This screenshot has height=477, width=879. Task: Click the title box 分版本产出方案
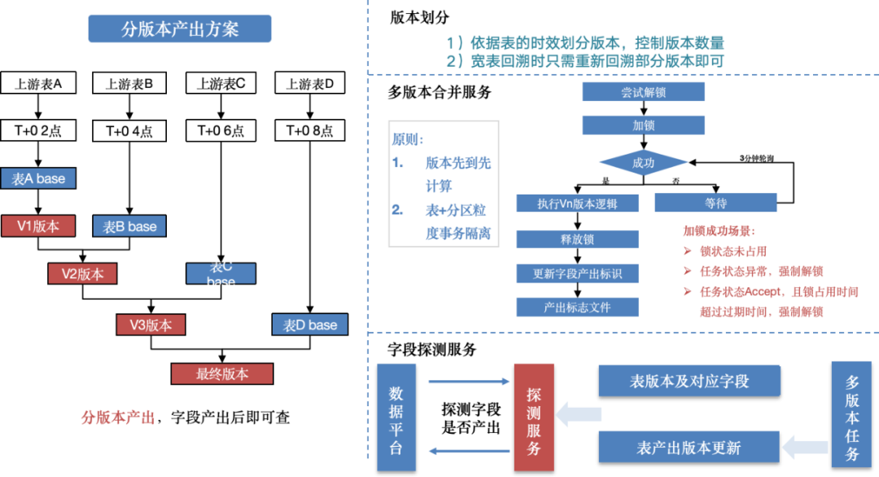tap(180, 29)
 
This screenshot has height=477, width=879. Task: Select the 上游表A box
tap(38, 83)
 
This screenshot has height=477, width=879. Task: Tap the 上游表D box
tap(310, 83)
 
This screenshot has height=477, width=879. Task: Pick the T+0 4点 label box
tap(129, 131)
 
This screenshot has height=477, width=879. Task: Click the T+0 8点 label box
tap(310, 130)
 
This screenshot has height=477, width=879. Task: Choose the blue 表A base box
tap(38, 178)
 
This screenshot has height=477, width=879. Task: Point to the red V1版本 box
tap(38, 225)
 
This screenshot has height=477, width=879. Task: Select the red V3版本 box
tap(151, 325)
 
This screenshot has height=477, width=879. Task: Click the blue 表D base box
tap(310, 325)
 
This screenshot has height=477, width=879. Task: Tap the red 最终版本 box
tap(221, 374)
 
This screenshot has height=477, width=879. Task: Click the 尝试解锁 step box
tap(643, 92)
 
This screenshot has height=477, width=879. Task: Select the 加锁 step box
tap(643, 125)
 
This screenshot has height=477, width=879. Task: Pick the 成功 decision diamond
tap(643, 163)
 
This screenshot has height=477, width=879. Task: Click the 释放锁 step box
tap(578, 239)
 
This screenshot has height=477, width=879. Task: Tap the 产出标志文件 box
tap(578, 307)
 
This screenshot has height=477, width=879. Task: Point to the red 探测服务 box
tap(534, 418)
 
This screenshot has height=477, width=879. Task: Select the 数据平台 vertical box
tap(396, 418)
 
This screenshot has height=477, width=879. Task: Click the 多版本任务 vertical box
tap(852, 418)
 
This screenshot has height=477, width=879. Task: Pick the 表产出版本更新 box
tap(689, 448)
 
